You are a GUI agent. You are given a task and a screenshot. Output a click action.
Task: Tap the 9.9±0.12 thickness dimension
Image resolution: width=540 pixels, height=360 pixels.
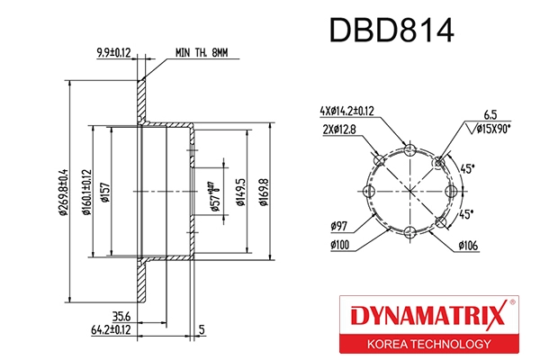[x=114, y=52]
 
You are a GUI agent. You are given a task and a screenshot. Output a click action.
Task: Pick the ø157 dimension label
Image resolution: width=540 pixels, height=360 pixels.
[x=105, y=191]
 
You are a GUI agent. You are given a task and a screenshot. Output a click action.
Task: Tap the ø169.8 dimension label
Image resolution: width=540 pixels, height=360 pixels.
[x=262, y=191]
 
